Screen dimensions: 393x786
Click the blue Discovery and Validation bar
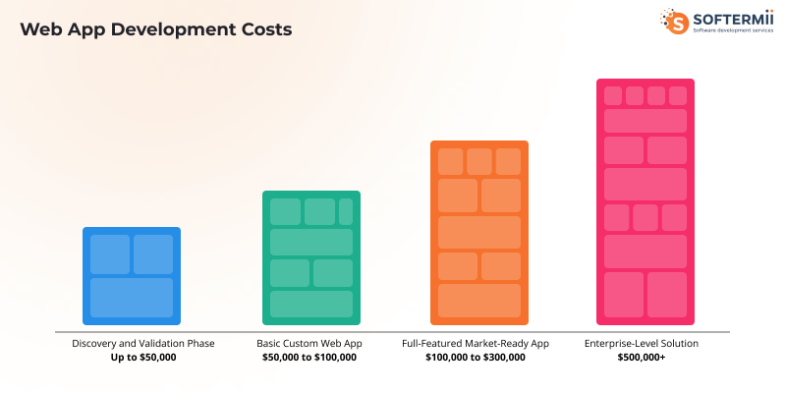coord(132,275)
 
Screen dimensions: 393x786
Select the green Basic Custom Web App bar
coord(310,257)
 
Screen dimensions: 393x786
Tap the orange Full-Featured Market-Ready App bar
coord(479,233)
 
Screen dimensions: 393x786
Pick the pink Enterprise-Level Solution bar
coord(646,201)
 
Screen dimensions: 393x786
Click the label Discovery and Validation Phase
coord(143,344)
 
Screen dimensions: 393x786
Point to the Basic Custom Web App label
coord(309,344)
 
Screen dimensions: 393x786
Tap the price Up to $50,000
coord(143,358)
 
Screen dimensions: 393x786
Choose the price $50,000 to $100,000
coord(309,358)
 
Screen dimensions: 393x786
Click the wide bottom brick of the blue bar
coord(132,298)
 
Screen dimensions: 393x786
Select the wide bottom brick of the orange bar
coord(479,301)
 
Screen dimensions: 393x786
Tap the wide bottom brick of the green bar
coord(310,304)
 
